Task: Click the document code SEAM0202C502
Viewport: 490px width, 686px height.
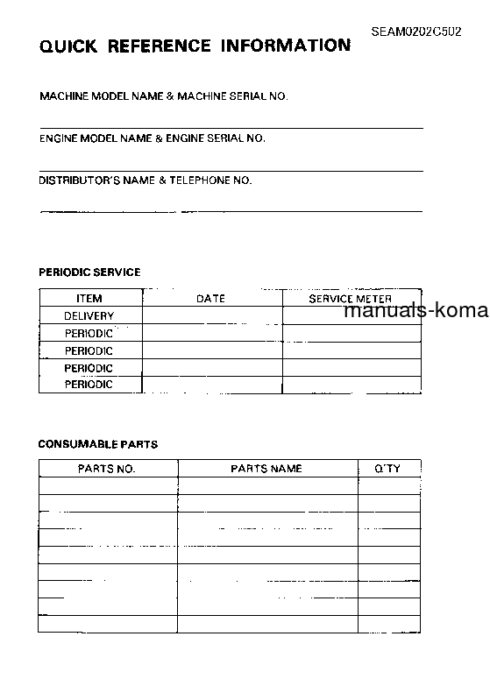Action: pos(415,31)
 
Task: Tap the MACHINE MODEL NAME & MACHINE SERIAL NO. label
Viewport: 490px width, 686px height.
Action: pos(164,96)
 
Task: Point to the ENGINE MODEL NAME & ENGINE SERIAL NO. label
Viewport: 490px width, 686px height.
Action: pos(153,138)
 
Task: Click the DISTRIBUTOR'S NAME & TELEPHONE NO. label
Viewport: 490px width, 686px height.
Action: pos(146,180)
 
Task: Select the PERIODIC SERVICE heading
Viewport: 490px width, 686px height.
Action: pos(89,272)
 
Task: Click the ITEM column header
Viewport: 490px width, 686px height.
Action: pos(89,299)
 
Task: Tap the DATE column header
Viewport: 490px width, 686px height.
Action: pos(210,299)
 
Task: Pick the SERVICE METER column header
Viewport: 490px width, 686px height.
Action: pos(351,299)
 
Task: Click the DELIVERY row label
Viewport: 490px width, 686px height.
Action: pos(89,315)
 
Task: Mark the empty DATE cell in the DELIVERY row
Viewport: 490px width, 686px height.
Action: pos(211,315)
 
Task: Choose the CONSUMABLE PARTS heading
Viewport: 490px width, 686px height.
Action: pos(98,444)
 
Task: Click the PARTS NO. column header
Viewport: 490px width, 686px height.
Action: pos(107,469)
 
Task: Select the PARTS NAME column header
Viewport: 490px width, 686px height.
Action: pos(266,469)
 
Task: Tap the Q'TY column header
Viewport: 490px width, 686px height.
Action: pos(387,469)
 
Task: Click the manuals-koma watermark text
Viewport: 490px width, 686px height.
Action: pos(417,311)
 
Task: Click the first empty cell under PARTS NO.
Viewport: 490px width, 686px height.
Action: pos(108,486)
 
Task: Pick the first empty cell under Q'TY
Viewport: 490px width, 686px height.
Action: pos(389,486)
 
